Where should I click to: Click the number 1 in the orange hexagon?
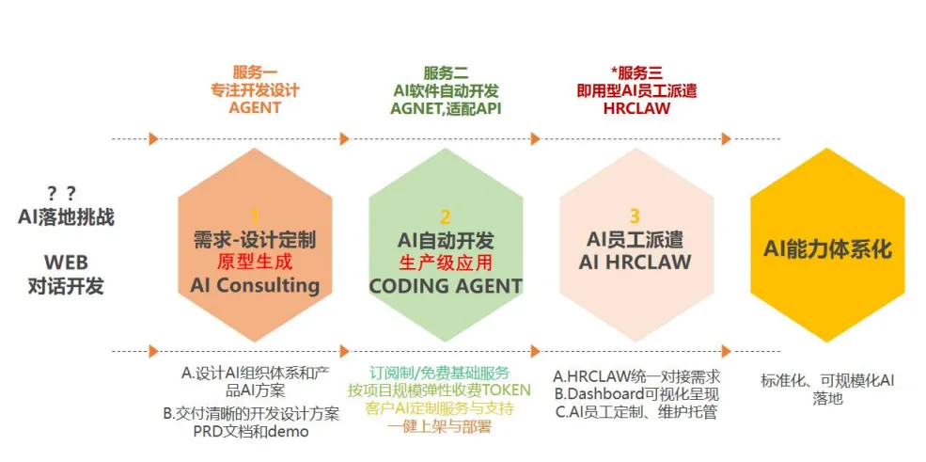tap(254, 215)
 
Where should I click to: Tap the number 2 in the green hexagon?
tap(446, 215)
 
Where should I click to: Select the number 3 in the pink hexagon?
tap(635, 215)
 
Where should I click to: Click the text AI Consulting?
tap(255, 285)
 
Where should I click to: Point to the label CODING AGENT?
tap(446, 285)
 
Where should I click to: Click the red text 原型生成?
tap(255, 263)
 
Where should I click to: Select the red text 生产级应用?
tap(446, 263)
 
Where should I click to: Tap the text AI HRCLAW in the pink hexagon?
tap(635, 263)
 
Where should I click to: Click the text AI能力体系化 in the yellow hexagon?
tap(827, 249)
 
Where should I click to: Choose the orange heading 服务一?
tap(255, 72)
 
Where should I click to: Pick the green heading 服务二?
tap(446, 72)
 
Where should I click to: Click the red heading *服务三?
tap(636, 72)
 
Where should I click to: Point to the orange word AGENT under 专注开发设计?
tap(255, 107)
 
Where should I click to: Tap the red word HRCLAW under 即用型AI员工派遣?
tap(636, 107)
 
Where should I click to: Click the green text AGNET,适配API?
tap(446, 107)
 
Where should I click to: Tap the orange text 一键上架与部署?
tap(439, 426)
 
